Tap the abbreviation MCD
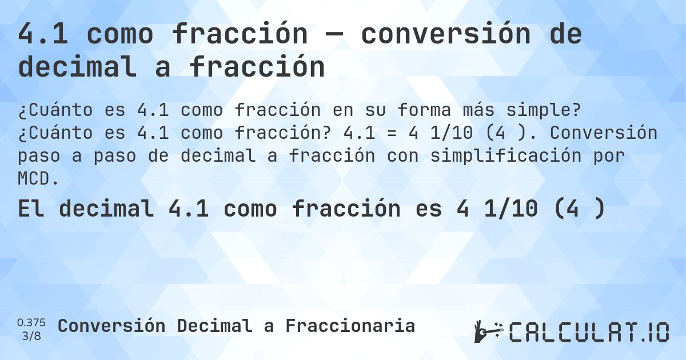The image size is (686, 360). coord(38,179)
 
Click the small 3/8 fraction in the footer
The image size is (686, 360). coord(32,335)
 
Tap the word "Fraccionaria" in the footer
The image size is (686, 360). coord(350,326)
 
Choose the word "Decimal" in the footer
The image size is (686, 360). coord(214,326)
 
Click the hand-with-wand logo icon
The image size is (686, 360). coord(488,331)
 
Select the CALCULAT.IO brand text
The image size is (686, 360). coord(589,332)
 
